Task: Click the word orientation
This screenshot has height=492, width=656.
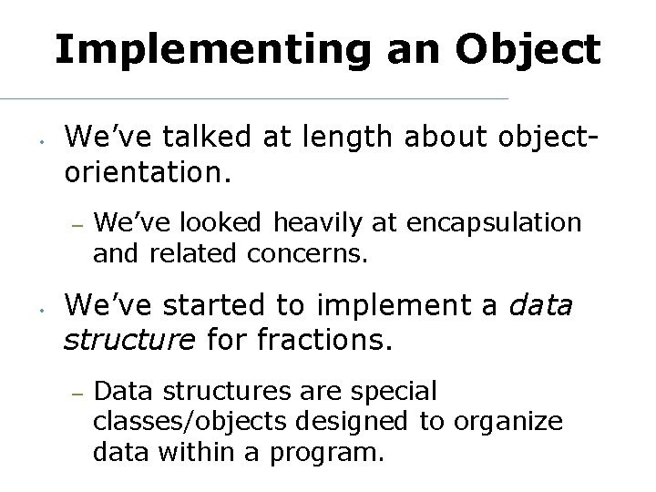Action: coord(149,170)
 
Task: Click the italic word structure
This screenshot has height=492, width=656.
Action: coord(128,340)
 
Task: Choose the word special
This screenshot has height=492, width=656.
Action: coord(395,392)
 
